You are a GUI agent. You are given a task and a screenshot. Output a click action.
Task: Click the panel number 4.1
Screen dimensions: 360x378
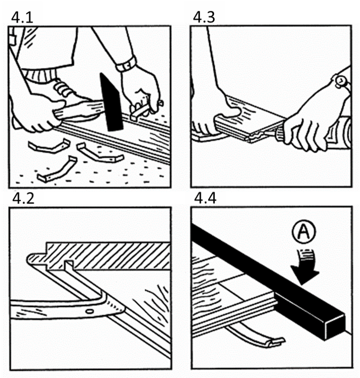22,18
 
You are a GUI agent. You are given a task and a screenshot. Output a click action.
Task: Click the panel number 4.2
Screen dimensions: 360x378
23,199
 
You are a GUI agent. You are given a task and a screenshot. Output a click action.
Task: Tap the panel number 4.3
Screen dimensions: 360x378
204,18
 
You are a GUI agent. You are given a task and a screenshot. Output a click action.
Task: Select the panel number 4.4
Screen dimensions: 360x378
205,199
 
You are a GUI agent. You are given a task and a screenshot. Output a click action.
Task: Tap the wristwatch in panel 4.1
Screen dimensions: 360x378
126,64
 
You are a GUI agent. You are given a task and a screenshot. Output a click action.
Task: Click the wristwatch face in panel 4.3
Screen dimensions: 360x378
341,81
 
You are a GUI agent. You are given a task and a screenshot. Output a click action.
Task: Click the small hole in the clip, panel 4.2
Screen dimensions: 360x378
90,311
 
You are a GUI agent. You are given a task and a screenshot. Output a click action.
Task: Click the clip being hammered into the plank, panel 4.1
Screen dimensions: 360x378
140,112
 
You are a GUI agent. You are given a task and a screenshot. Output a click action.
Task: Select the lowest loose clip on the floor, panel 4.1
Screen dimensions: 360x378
57,169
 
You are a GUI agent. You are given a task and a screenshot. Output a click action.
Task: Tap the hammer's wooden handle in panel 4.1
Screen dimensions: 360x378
80,111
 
